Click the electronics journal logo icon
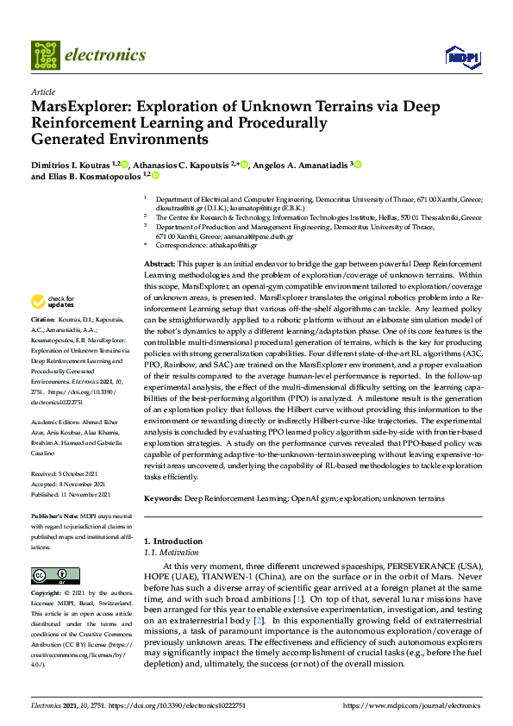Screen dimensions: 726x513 45,55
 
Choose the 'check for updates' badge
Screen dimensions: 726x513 52,301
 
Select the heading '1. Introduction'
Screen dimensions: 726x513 172,541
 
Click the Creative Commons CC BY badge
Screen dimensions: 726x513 50,574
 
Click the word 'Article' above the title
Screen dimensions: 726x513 42,91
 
